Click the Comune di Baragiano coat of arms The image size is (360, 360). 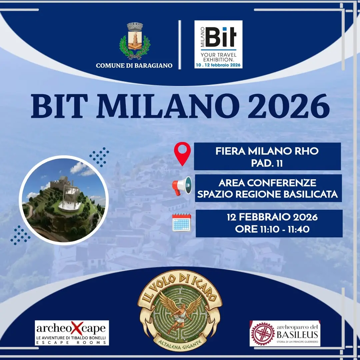(135, 41)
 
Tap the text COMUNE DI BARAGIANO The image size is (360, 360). (134, 66)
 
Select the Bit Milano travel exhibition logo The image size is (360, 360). (218, 44)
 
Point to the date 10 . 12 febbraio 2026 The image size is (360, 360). (218, 65)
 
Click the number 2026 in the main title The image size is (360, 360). (289, 106)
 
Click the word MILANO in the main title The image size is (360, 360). (168, 106)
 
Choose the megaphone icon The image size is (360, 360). (182, 186)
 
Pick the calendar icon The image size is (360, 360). (182, 222)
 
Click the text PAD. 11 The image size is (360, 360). (267, 163)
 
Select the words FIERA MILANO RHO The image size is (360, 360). (267, 151)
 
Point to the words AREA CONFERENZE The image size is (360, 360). (267, 183)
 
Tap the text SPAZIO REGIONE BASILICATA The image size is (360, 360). (267, 194)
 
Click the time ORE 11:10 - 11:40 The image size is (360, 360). (272, 229)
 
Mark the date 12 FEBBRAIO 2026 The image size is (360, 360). (272, 217)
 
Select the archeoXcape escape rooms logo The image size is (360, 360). (72, 333)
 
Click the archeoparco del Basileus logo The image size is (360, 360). (285, 333)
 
